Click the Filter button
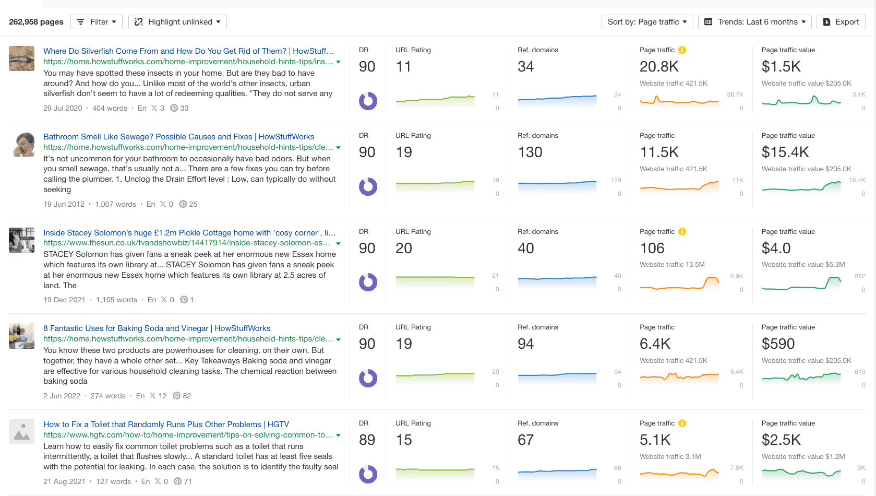97,22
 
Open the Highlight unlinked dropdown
177,22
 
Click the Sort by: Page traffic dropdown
647,22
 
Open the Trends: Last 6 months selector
755,22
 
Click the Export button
841,22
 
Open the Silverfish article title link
188,51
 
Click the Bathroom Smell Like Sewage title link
178,137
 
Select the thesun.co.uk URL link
186,243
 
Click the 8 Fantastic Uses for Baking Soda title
157,328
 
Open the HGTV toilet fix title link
166,424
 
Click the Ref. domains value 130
530,152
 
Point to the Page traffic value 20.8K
659,67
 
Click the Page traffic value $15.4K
785,152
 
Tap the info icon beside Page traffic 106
682,232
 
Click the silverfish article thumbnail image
22,58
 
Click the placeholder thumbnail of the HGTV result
22,432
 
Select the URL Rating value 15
404,440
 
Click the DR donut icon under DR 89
368,474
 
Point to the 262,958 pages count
36,22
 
